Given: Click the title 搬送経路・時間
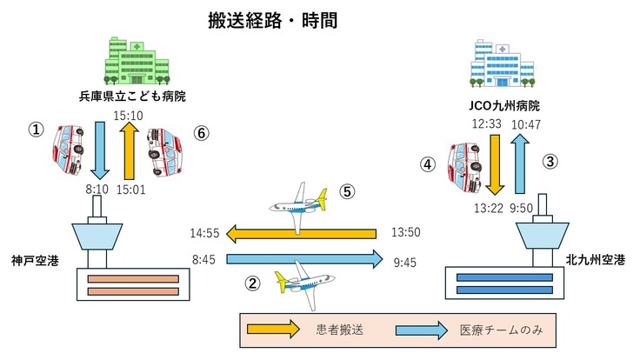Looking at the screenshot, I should [x=272, y=19].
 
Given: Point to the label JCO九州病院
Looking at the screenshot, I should [x=503, y=106].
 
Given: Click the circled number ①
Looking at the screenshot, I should [x=36, y=129].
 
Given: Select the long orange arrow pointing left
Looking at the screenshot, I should [x=300, y=233].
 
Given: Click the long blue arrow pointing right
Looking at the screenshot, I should [x=304, y=258].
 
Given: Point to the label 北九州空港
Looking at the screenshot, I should [x=594, y=259].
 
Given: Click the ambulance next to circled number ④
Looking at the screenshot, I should [x=462, y=168].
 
